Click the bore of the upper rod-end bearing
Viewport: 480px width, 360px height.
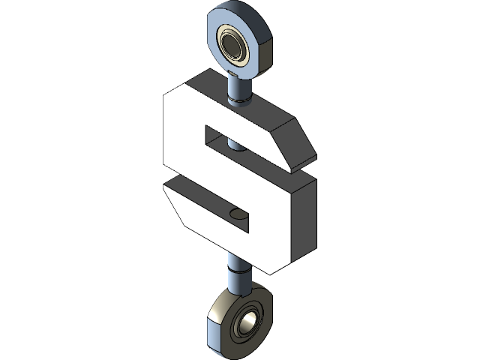(x=232, y=46)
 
